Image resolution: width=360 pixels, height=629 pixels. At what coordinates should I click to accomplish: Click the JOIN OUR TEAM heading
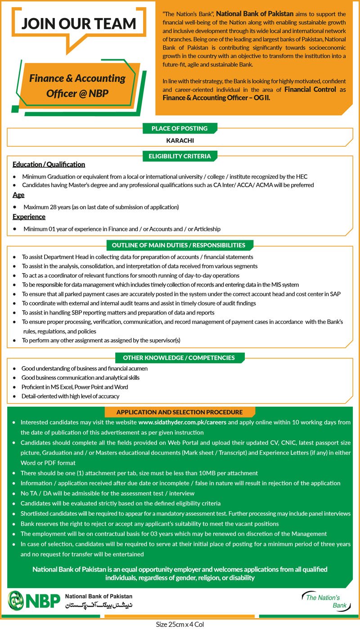click(79, 24)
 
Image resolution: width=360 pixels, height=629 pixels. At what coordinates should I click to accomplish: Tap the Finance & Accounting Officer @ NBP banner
click(77, 86)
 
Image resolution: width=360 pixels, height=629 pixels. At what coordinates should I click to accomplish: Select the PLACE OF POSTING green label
click(180, 129)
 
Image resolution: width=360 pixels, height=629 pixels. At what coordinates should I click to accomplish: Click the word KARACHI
click(180, 140)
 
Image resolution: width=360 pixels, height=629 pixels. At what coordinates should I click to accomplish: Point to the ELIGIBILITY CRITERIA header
click(180, 157)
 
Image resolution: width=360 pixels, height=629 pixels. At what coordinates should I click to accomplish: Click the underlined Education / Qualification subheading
click(49, 165)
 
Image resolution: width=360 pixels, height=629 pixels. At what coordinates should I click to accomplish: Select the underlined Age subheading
click(18, 195)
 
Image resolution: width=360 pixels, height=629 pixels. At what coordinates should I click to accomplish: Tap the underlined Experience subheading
click(29, 217)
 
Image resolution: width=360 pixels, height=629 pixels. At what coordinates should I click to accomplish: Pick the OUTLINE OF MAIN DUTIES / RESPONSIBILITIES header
click(180, 245)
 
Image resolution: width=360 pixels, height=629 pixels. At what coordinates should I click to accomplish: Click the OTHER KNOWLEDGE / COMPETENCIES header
click(180, 358)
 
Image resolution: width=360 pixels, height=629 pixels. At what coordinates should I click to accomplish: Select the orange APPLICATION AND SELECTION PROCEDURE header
click(180, 412)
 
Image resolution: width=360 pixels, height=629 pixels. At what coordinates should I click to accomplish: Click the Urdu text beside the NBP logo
click(99, 606)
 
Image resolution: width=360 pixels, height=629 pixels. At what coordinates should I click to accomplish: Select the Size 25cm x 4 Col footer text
click(180, 625)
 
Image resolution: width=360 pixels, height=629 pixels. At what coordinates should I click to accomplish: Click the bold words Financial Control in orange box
click(310, 90)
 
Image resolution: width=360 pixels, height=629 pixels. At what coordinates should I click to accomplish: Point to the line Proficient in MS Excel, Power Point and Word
click(75, 387)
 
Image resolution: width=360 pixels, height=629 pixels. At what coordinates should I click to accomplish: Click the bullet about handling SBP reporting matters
click(118, 312)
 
